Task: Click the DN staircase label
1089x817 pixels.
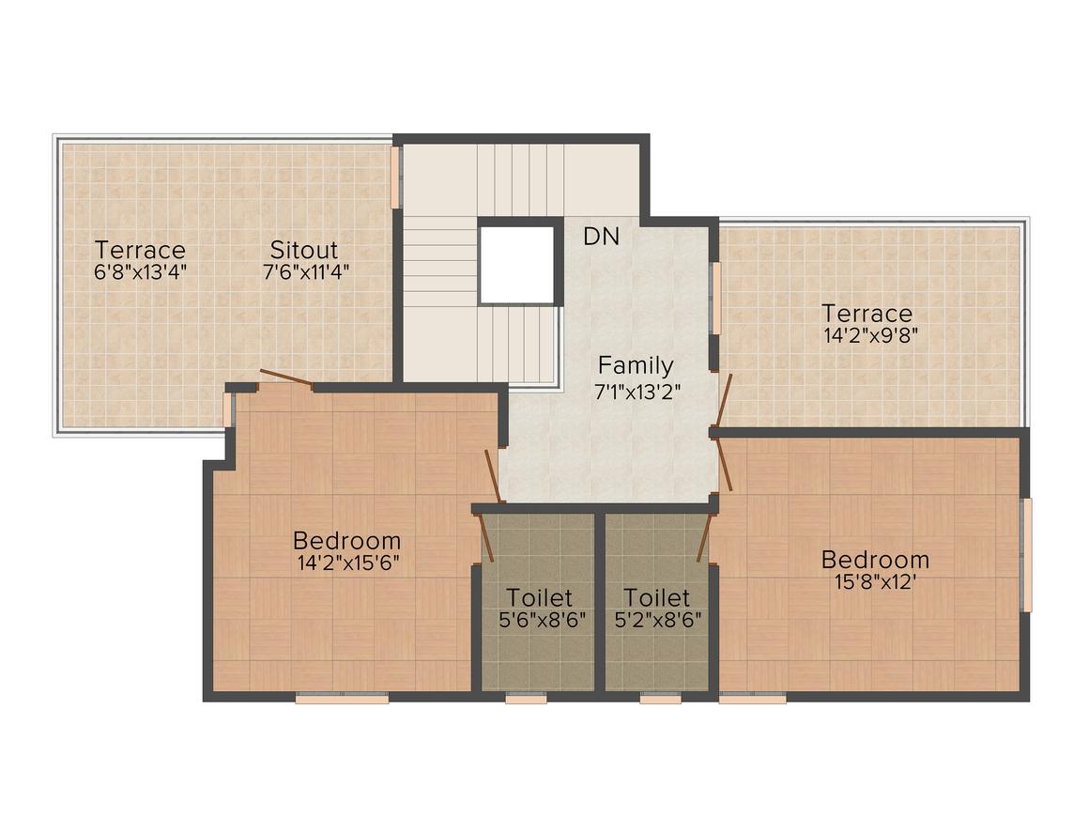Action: pos(602,237)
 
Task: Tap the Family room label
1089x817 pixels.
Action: pos(636,365)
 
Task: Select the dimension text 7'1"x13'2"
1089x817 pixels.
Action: pos(637,392)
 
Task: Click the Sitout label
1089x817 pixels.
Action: pos(304,250)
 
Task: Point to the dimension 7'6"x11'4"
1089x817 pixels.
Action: pos(306,271)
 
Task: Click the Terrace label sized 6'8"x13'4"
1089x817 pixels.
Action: pos(140,250)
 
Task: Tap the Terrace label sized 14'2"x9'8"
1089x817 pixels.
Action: pos(867,314)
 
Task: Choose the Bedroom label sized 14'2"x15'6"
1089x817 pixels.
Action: pos(346,541)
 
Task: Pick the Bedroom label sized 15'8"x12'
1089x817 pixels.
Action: pos(875,560)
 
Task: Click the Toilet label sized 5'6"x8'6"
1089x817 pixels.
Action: pos(540,597)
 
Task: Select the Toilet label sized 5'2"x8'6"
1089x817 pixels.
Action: pos(656,597)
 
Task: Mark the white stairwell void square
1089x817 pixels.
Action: pos(517,261)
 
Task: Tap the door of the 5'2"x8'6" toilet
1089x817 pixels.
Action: pos(706,537)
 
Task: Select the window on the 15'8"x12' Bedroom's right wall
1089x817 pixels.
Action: pos(1026,554)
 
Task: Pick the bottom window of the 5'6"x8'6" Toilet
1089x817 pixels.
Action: pos(526,699)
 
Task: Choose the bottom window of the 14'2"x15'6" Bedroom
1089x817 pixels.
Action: pos(342,699)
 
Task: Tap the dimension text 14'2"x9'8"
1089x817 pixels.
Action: pos(871,336)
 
